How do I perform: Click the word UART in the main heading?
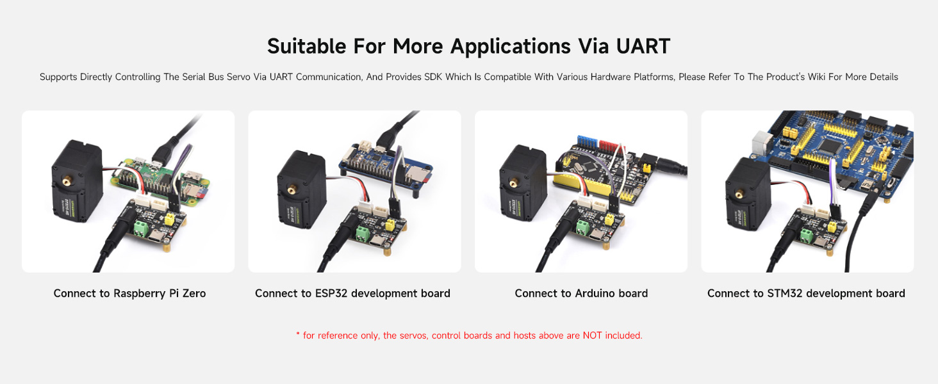(x=634, y=46)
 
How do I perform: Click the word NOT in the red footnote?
(x=593, y=335)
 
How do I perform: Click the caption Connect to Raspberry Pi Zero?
(x=129, y=293)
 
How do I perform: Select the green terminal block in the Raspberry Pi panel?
(x=140, y=227)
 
